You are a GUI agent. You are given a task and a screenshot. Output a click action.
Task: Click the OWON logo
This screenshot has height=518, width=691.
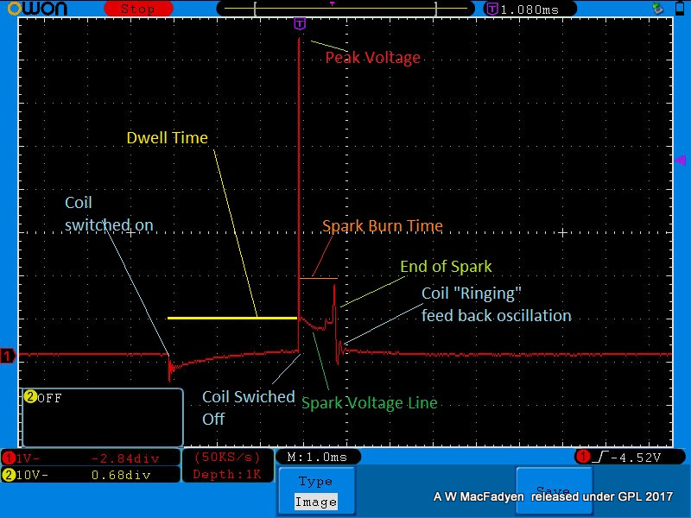point(37,9)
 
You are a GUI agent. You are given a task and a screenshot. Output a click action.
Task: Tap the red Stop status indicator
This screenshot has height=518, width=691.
point(138,9)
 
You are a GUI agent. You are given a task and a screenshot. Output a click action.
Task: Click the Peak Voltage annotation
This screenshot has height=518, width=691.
point(373,58)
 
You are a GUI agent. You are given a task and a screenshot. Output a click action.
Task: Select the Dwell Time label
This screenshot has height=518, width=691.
point(167,138)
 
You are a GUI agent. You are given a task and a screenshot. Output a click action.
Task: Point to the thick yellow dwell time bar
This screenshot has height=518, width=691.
point(232,318)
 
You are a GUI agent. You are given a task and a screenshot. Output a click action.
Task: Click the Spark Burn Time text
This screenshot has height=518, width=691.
point(383,226)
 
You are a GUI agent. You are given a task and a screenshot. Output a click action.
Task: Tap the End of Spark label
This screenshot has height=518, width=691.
point(446,267)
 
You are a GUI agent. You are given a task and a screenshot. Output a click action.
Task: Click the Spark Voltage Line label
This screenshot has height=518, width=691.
point(370,403)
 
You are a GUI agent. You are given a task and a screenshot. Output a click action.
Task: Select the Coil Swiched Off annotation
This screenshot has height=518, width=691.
point(249,407)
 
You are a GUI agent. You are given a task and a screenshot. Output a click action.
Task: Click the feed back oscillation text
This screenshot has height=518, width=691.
point(496,316)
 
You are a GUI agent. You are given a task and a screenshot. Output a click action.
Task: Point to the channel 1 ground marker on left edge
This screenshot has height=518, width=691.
point(8,356)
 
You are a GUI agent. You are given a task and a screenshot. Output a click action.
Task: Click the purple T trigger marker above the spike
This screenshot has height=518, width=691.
point(300,23)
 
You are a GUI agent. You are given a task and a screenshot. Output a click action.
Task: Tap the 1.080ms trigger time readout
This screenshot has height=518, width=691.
point(529,9)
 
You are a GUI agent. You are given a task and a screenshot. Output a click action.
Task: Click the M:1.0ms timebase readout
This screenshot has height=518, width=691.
point(317,458)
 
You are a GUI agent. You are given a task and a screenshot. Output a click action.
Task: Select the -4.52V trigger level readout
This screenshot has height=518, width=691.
point(636,458)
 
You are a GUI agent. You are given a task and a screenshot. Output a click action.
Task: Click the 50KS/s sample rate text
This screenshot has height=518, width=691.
point(227,458)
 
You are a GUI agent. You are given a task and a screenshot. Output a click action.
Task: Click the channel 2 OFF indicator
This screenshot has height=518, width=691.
point(43,398)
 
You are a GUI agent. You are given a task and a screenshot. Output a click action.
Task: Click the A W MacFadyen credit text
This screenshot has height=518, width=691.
point(553,497)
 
